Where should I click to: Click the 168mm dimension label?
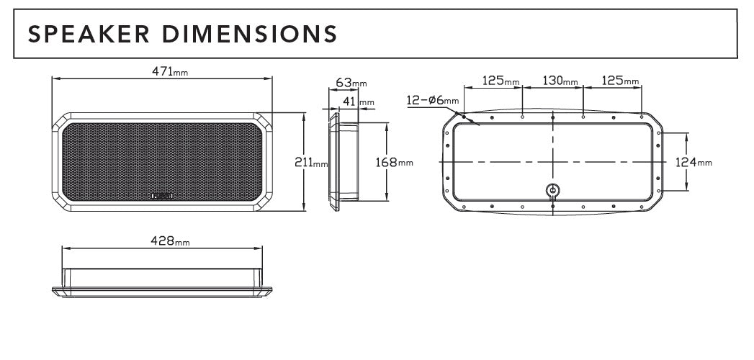395,163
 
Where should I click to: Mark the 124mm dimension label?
694,163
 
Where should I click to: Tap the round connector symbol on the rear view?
552,190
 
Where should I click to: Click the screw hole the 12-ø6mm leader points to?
464,117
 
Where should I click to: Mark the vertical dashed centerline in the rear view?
552,144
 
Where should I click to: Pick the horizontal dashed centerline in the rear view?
504,163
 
